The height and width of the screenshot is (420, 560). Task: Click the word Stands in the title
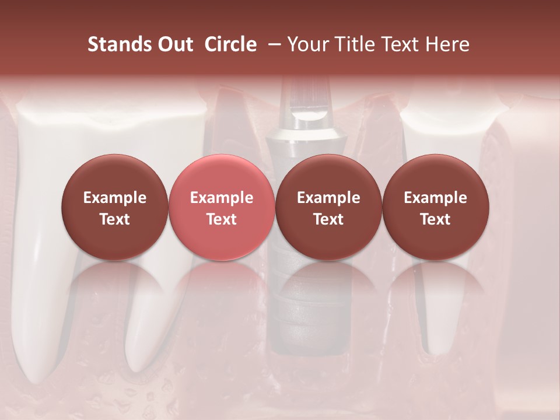click(x=119, y=44)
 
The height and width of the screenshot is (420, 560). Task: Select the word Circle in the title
click(x=230, y=44)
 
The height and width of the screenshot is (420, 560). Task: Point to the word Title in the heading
click(x=356, y=44)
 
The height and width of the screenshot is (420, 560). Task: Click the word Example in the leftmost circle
click(x=114, y=198)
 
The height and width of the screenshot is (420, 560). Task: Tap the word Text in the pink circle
click(x=221, y=219)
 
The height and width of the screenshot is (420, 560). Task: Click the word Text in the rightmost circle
click(x=435, y=219)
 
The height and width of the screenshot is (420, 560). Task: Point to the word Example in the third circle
click(x=328, y=198)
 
